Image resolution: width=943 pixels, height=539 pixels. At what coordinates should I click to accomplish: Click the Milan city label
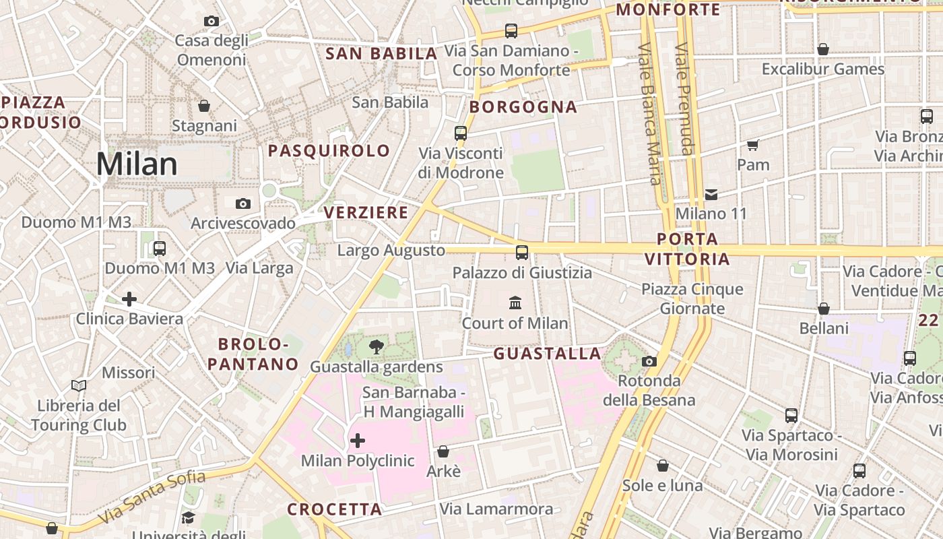137,164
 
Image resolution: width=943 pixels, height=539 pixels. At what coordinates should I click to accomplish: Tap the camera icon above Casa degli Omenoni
212,22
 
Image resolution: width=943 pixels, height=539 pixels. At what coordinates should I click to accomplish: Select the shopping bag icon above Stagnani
204,106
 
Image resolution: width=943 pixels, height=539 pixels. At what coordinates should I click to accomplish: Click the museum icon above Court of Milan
515,303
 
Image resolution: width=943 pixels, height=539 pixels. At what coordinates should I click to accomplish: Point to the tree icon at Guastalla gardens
377,347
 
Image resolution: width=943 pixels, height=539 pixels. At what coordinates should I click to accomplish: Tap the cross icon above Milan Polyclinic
358,441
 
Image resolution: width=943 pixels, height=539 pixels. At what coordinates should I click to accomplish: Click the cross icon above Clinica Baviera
129,298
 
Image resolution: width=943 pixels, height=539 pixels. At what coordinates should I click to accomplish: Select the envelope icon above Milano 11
711,195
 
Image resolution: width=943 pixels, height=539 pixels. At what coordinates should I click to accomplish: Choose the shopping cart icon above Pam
753,145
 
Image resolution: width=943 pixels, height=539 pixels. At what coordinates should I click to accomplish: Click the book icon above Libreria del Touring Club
79,385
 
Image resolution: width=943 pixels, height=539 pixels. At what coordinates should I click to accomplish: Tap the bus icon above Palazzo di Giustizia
522,253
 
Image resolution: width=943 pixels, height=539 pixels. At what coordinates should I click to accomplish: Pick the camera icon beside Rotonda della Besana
649,361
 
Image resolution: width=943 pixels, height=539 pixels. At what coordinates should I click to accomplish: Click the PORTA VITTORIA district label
687,249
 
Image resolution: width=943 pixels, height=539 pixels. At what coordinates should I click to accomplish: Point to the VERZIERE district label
366,213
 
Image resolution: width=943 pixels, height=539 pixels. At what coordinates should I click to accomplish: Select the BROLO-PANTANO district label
253,354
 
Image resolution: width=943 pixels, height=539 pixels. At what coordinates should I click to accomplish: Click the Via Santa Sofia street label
152,497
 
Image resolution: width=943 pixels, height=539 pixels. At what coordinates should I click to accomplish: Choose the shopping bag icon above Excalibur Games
823,49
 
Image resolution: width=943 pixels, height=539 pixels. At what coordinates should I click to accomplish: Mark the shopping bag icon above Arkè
443,451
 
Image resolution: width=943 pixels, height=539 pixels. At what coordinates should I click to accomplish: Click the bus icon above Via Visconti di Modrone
461,133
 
